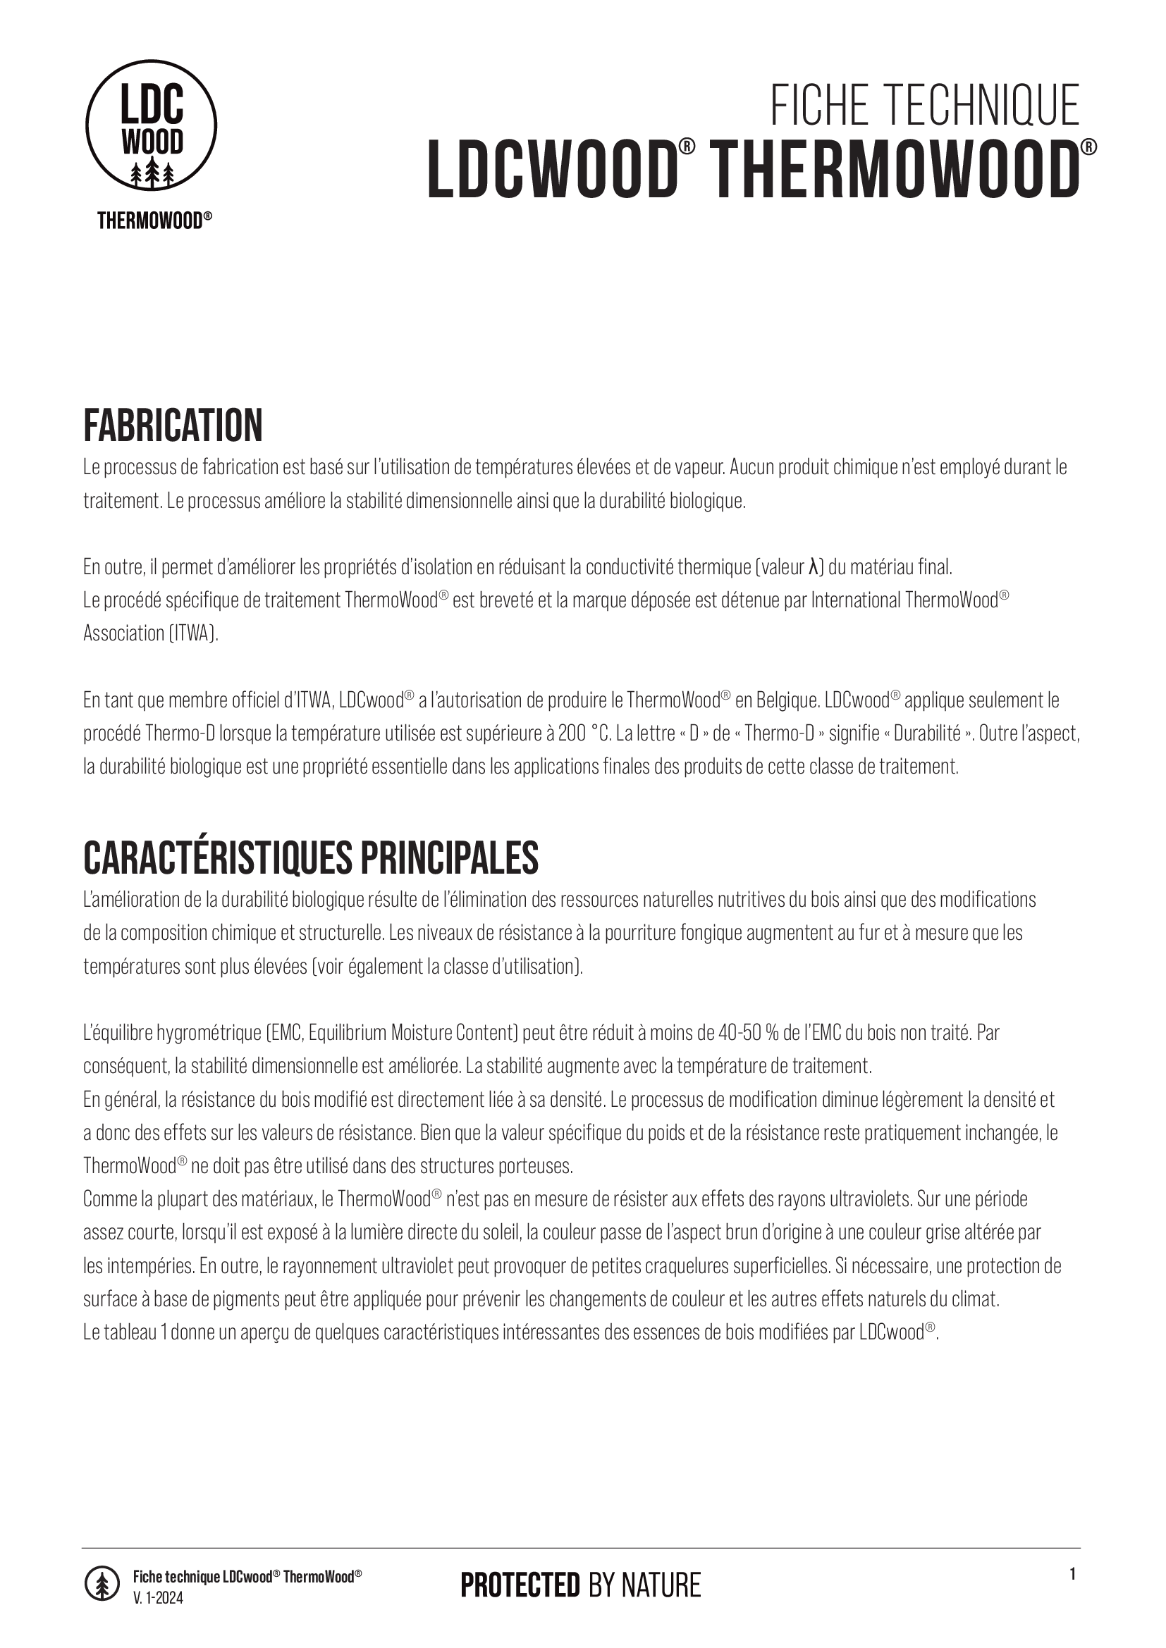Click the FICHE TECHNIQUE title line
[x=925, y=106]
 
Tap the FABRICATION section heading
[x=173, y=426]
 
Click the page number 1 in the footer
[x=1073, y=1574]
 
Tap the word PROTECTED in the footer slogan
[x=520, y=1584]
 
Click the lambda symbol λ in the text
[x=813, y=568]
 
